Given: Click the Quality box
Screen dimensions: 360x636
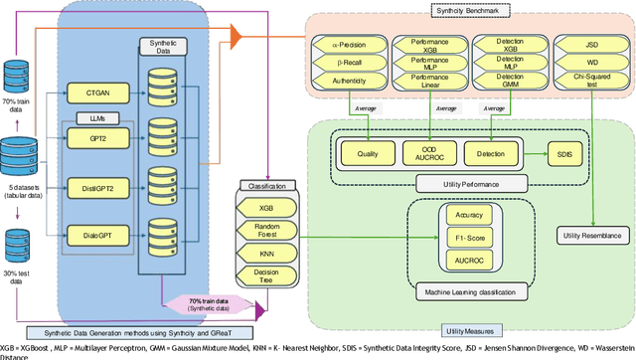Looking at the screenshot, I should tap(368, 154).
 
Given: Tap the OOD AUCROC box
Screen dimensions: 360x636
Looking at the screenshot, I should tap(431, 154).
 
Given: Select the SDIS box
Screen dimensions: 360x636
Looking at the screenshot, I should tap(564, 154).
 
